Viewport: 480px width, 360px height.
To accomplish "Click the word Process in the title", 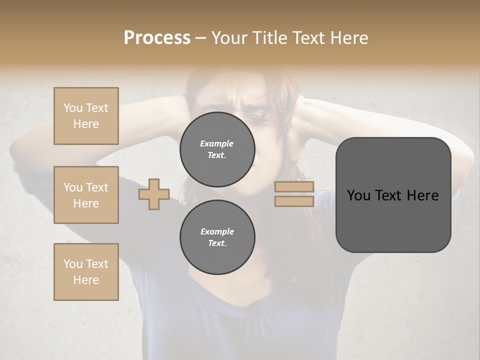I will tap(157, 38).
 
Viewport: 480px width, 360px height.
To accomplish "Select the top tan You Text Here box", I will tap(86, 116).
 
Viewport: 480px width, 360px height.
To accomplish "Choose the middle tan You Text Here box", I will tap(86, 195).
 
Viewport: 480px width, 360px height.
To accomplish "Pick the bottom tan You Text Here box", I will tap(86, 272).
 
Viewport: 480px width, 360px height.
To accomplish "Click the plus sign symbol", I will tap(154, 194).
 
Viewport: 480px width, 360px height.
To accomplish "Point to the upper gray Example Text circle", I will tap(217, 149).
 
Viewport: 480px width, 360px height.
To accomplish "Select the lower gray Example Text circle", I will tap(217, 237).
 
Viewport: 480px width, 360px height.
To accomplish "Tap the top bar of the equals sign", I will tap(294, 187).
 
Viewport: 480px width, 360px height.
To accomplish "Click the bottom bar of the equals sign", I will tap(294, 201).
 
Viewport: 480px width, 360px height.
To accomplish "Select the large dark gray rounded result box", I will tap(393, 195).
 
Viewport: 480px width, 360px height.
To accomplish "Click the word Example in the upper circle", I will tap(217, 143).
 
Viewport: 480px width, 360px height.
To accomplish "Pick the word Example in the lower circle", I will tap(217, 231).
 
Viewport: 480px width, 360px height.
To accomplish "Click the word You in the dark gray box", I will tap(359, 195).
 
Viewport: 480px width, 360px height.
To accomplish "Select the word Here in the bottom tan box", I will tap(86, 280).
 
